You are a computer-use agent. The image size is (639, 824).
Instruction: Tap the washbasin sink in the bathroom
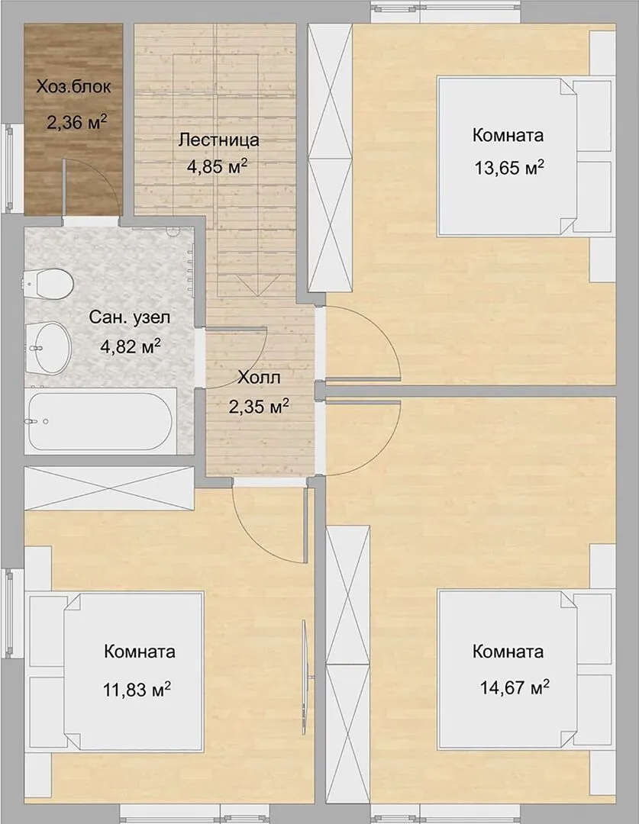point(48,347)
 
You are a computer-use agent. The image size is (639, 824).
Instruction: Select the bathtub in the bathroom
point(100,421)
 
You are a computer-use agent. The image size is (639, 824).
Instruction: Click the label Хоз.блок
point(73,87)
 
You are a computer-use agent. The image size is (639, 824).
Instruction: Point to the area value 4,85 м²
point(218,166)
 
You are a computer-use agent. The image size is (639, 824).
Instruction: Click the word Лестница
point(219,140)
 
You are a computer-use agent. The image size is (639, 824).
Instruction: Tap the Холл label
point(259,378)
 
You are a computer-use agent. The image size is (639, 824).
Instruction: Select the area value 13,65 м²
point(509,168)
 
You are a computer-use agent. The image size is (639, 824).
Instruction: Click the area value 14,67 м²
point(515,687)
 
